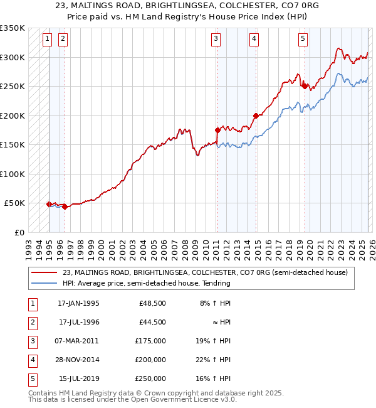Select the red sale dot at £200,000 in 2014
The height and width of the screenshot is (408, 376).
coord(256,115)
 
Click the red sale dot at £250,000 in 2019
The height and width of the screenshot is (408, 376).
coord(304,86)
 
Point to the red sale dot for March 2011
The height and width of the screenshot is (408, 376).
coord(217,131)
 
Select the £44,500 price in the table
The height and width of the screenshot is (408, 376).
coord(152,322)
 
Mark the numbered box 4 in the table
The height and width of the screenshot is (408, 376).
coord(31,360)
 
